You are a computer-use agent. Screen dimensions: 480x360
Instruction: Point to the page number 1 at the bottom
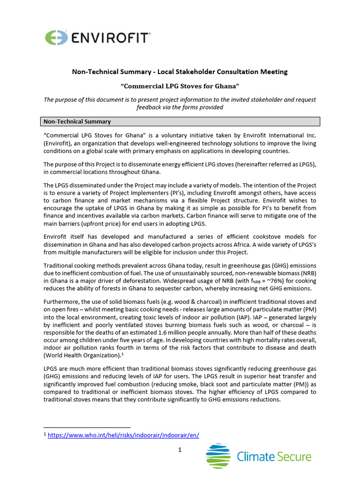click(x=180, y=450)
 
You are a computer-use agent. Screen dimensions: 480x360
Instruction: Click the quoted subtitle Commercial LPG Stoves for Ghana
click(x=180, y=86)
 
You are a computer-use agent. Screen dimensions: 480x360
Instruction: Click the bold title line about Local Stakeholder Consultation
click(x=180, y=72)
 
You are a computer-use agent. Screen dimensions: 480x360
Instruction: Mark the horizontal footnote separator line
click(x=87, y=427)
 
